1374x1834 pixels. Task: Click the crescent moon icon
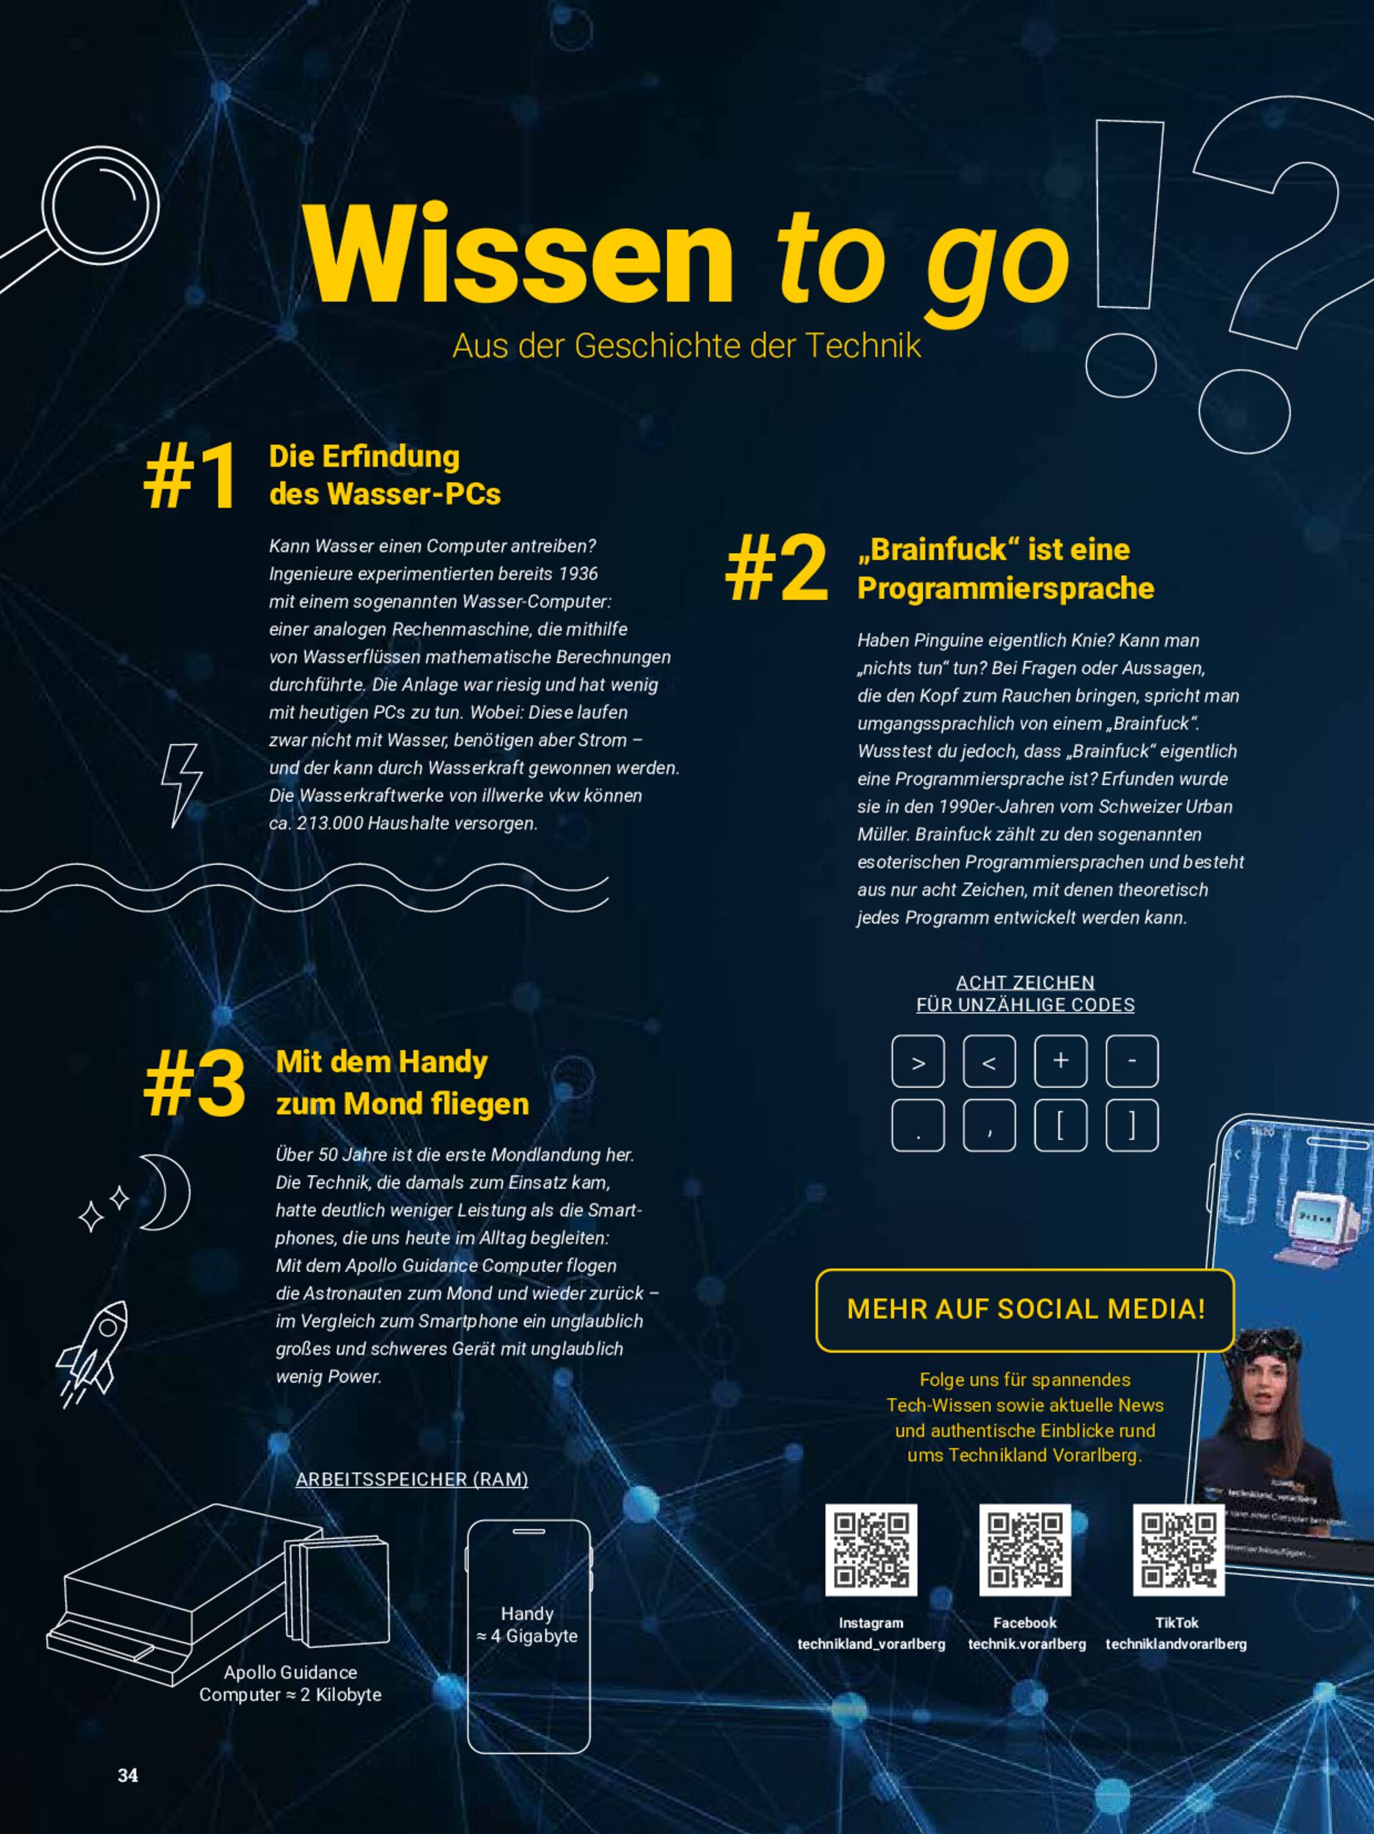coord(166,1192)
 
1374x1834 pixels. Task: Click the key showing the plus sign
coord(1061,1062)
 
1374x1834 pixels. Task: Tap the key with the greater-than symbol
coord(918,1062)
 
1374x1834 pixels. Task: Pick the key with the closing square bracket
coord(1132,1126)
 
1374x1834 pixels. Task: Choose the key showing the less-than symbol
coord(990,1062)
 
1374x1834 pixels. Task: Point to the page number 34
coord(128,1775)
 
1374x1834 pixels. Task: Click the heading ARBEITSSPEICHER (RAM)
coord(412,1479)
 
